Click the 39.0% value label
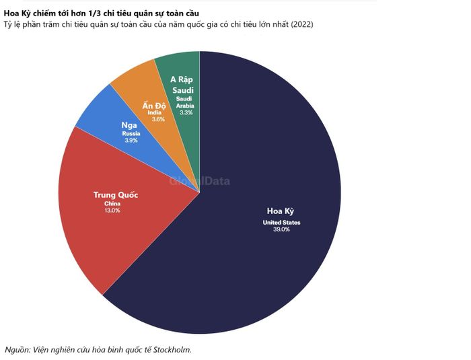[x=281, y=229]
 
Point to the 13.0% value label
[x=112, y=211]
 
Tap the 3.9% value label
[x=131, y=141]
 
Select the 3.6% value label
[x=158, y=119]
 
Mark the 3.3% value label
[x=186, y=112]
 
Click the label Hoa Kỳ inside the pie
[x=281, y=211]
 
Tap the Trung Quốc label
[x=116, y=195]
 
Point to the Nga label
[x=129, y=125]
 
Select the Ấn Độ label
[x=154, y=105]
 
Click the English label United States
[x=281, y=222]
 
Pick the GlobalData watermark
[x=200, y=181]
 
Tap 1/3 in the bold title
[x=94, y=13]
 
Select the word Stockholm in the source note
[x=172, y=350]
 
